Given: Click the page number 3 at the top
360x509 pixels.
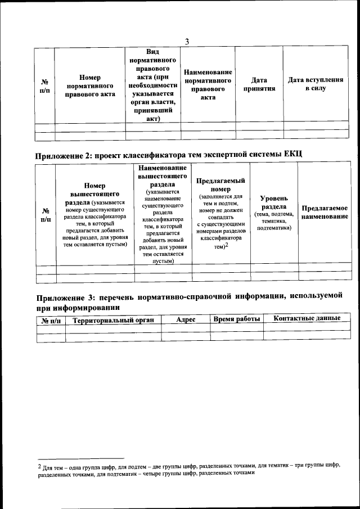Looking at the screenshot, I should click(186, 40).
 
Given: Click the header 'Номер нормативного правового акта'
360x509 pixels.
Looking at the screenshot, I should click(90, 85).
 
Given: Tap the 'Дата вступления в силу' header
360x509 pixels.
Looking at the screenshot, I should click(315, 84).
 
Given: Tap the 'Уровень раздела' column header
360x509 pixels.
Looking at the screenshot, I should click(274, 202).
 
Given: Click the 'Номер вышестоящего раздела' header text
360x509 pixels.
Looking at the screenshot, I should click(94, 195).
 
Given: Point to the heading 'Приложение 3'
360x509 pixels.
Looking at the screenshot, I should click(62, 298).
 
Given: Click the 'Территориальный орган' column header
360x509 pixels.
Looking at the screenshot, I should click(113, 320).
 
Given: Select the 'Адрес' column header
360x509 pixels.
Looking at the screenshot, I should click(186, 319).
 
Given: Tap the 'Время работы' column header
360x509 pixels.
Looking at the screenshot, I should click(237, 319).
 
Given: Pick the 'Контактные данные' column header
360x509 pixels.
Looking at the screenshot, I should click(307, 318).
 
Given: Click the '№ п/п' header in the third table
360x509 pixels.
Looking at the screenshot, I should click(51, 321).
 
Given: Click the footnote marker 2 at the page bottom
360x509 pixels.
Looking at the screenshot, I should click(39, 465).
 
